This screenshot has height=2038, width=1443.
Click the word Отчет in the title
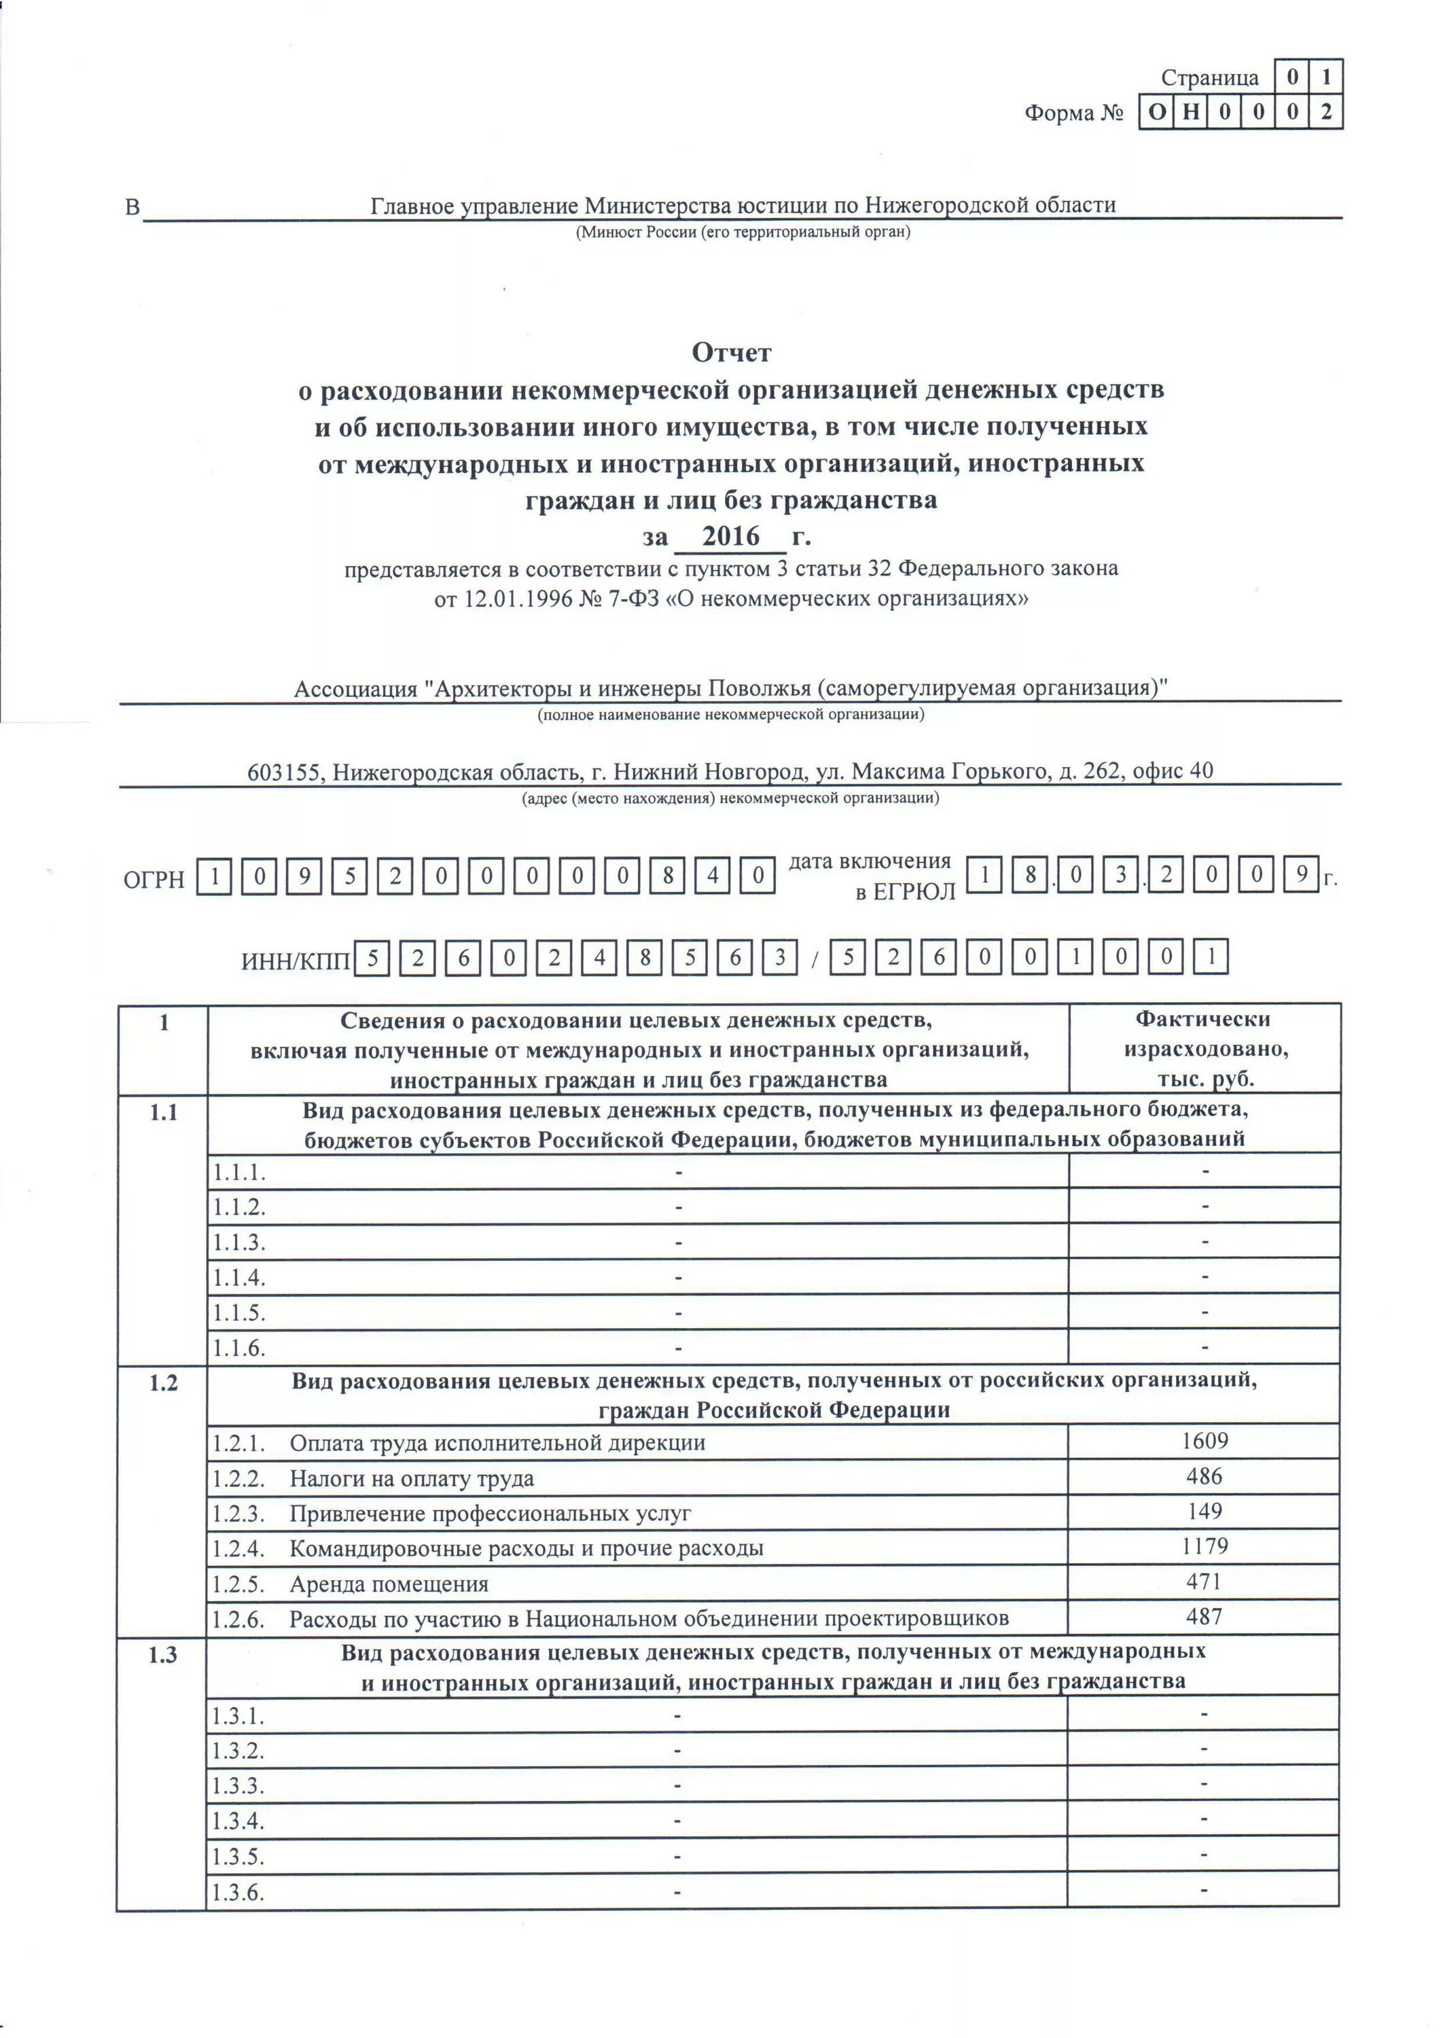pyautogui.click(x=731, y=353)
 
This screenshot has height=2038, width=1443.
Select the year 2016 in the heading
pyautogui.click(x=730, y=537)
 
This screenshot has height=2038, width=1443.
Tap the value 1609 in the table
pyautogui.click(x=1204, y=1440)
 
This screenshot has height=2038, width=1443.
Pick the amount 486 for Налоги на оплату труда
pyautogui.click(x=1204, y=1476)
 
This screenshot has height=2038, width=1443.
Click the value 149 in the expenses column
pyautogui.click(x=1204, y=1511)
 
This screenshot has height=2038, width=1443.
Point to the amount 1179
pyautogui.click(x=1204, y=1546)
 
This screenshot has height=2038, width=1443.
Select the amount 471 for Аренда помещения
pyautogui.click(x=1204, y=1581)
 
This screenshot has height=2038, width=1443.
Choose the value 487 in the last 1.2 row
pyautogui.click(x=1204, y=1616)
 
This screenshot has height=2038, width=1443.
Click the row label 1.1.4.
pyautogui.click(x=238, y=1279)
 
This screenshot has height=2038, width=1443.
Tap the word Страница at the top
pyautogui.click(x=1209, y=78)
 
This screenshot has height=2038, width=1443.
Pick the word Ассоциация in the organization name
pyautogui.click(x=355, y=690)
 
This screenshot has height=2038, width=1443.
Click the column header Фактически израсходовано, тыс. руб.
pyautogui.click(x=1204, y=1049)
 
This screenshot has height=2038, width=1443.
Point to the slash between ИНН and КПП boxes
pyautogui.click(x=814, y=961)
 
